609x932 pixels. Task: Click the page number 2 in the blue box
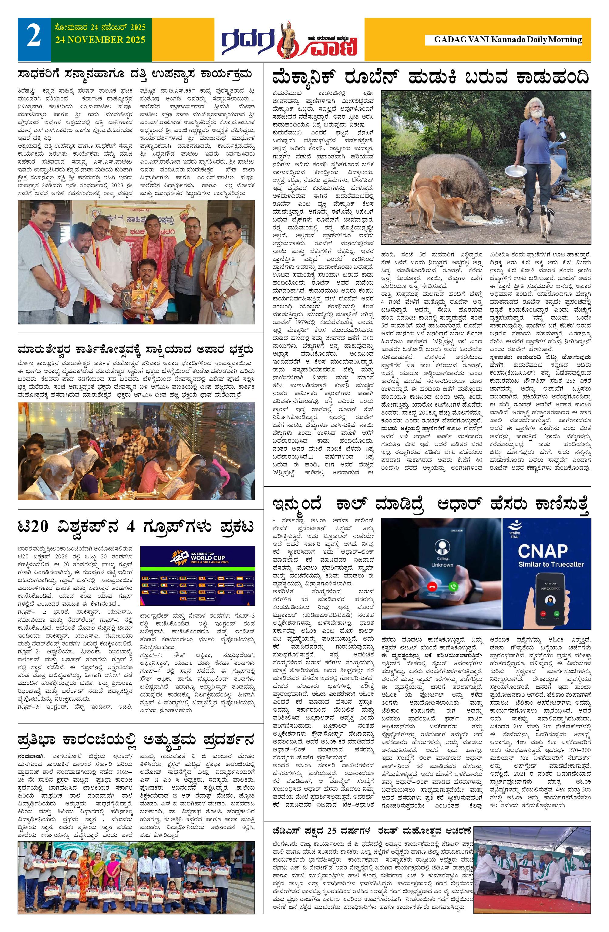(x=34, y=38)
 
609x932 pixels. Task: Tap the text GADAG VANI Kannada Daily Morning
(x=508, y=39)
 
